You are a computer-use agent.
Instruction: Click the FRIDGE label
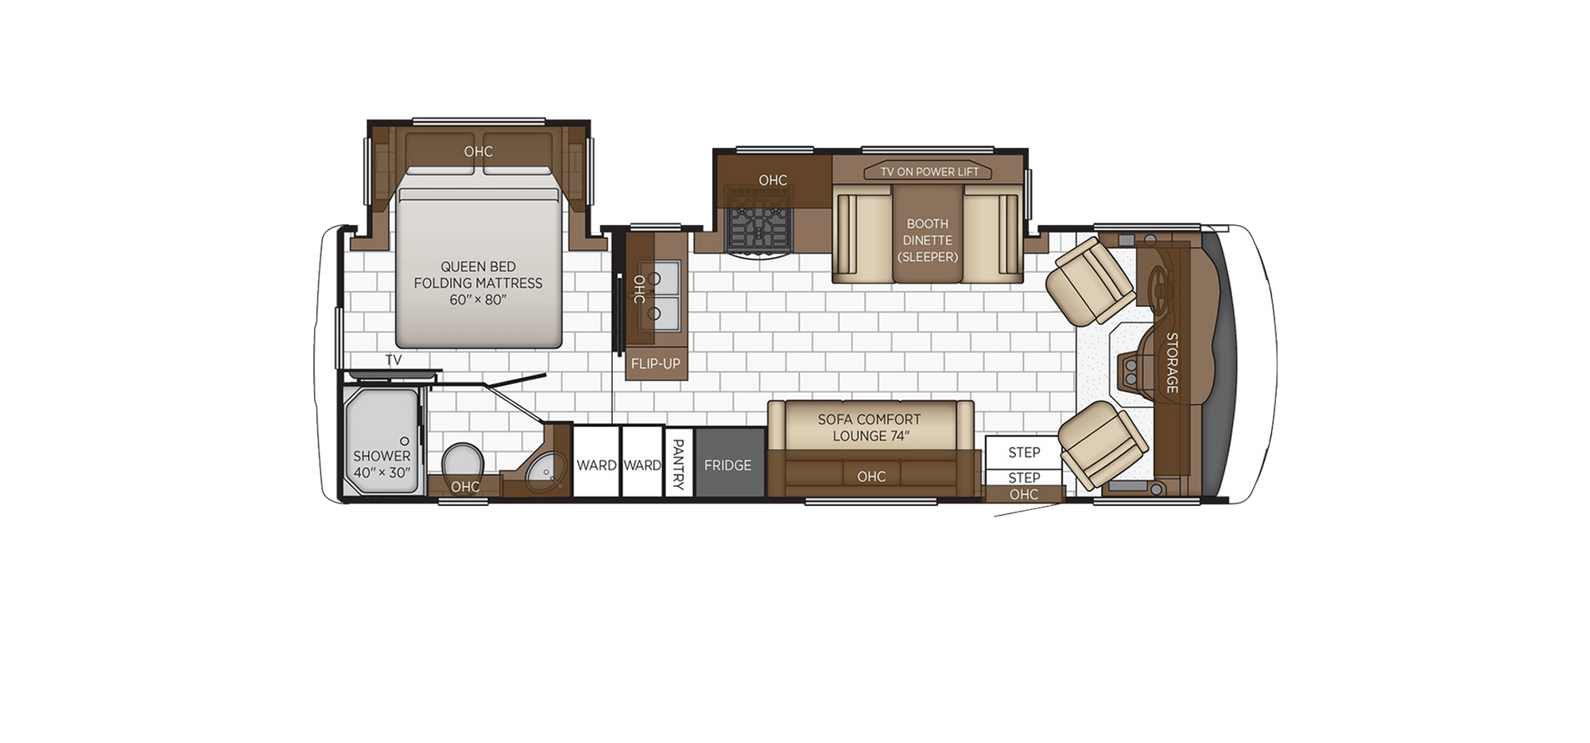[x=727, y=465]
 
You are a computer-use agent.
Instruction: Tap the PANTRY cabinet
[x=677, y=464]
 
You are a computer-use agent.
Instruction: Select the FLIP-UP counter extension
[x=656, y=364]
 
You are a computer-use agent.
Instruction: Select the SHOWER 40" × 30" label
[x=382, y=464]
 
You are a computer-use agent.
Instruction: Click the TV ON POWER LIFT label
[x=929, y=172]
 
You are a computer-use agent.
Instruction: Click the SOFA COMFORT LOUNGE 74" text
[x=870, y=427]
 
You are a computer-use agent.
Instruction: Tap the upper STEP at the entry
[x=1024, y=453]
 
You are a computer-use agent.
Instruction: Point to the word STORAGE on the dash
[x=1172, y=362]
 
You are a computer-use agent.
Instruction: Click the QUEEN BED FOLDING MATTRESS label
[x=478, y=282]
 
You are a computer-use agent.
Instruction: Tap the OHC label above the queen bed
[x=479, y=151]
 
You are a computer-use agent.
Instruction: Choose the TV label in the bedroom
[x=394, y=360]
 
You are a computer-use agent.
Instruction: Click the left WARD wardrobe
[x=596, y=465]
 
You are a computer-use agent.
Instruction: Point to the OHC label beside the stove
[x=773, y=181]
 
